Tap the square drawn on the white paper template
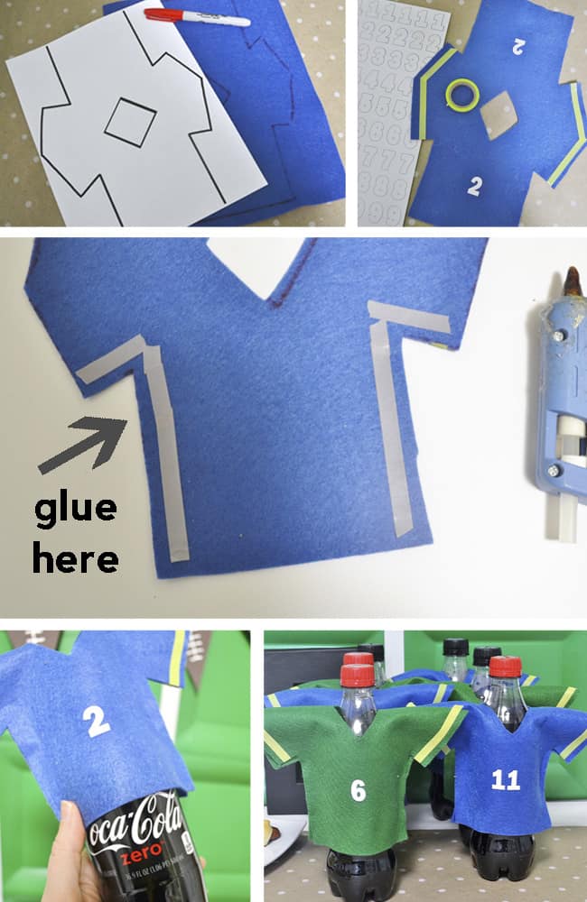click(130, 122)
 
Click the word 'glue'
click(76, 510)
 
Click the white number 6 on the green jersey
click(359, 790)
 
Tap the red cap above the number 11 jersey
click(505, 667)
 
